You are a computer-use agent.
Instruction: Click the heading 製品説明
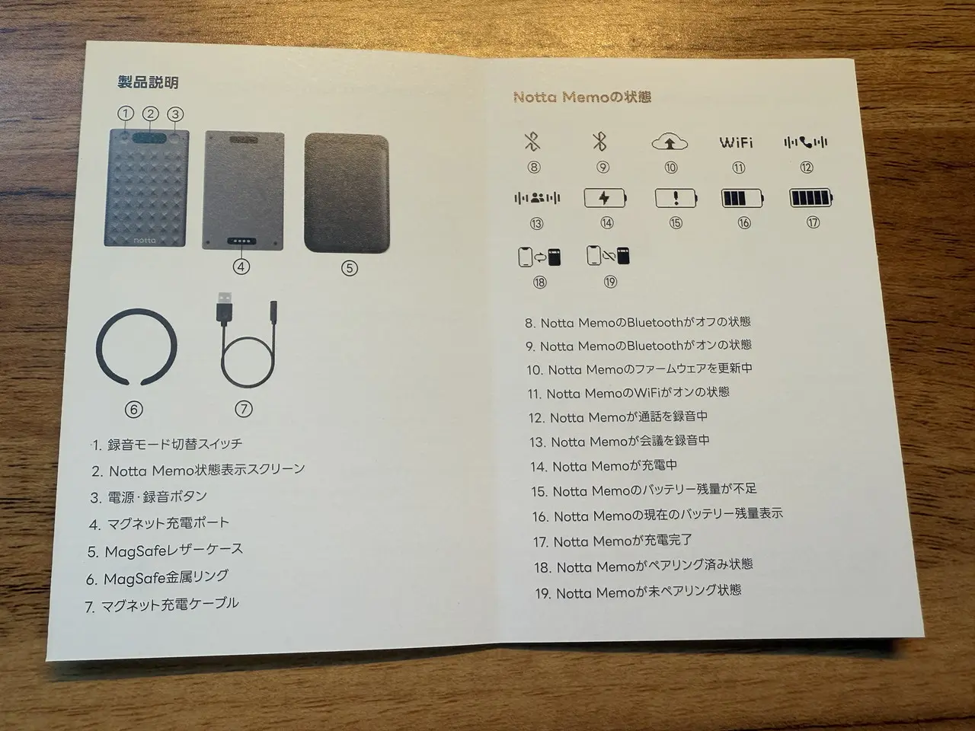click(x=148, y=82)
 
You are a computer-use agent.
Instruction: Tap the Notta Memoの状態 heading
click(x=582, y=97)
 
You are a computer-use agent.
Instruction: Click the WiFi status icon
click(x=736, y=142)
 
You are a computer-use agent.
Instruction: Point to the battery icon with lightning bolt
click(x=605, y=198)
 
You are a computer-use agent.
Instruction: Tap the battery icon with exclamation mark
click(x=676, y=197)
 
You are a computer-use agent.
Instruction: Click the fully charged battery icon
click(x=810, y=197)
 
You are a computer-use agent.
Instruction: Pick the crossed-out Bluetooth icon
click(x=532, y=142)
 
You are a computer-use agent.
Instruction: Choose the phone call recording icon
click(x=805, y=142)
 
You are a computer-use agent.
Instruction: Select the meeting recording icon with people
click(x=537, y=198)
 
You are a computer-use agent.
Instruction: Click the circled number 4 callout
click(x=241, y=267)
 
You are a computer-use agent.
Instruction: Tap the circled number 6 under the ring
click(x=134, y=409)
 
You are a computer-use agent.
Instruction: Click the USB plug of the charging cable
click(x=224, y=308)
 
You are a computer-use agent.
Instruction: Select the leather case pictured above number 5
click(x=347, y=193)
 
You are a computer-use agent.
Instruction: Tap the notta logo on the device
click(x=145, y=240)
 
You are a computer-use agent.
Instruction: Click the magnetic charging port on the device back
click(x=241, y=241)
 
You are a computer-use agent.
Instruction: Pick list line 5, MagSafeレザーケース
click(x=165, y=551)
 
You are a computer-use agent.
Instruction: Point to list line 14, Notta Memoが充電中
click(x=603, y=466)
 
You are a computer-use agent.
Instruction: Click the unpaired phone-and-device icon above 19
click(x=608, y=256)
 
